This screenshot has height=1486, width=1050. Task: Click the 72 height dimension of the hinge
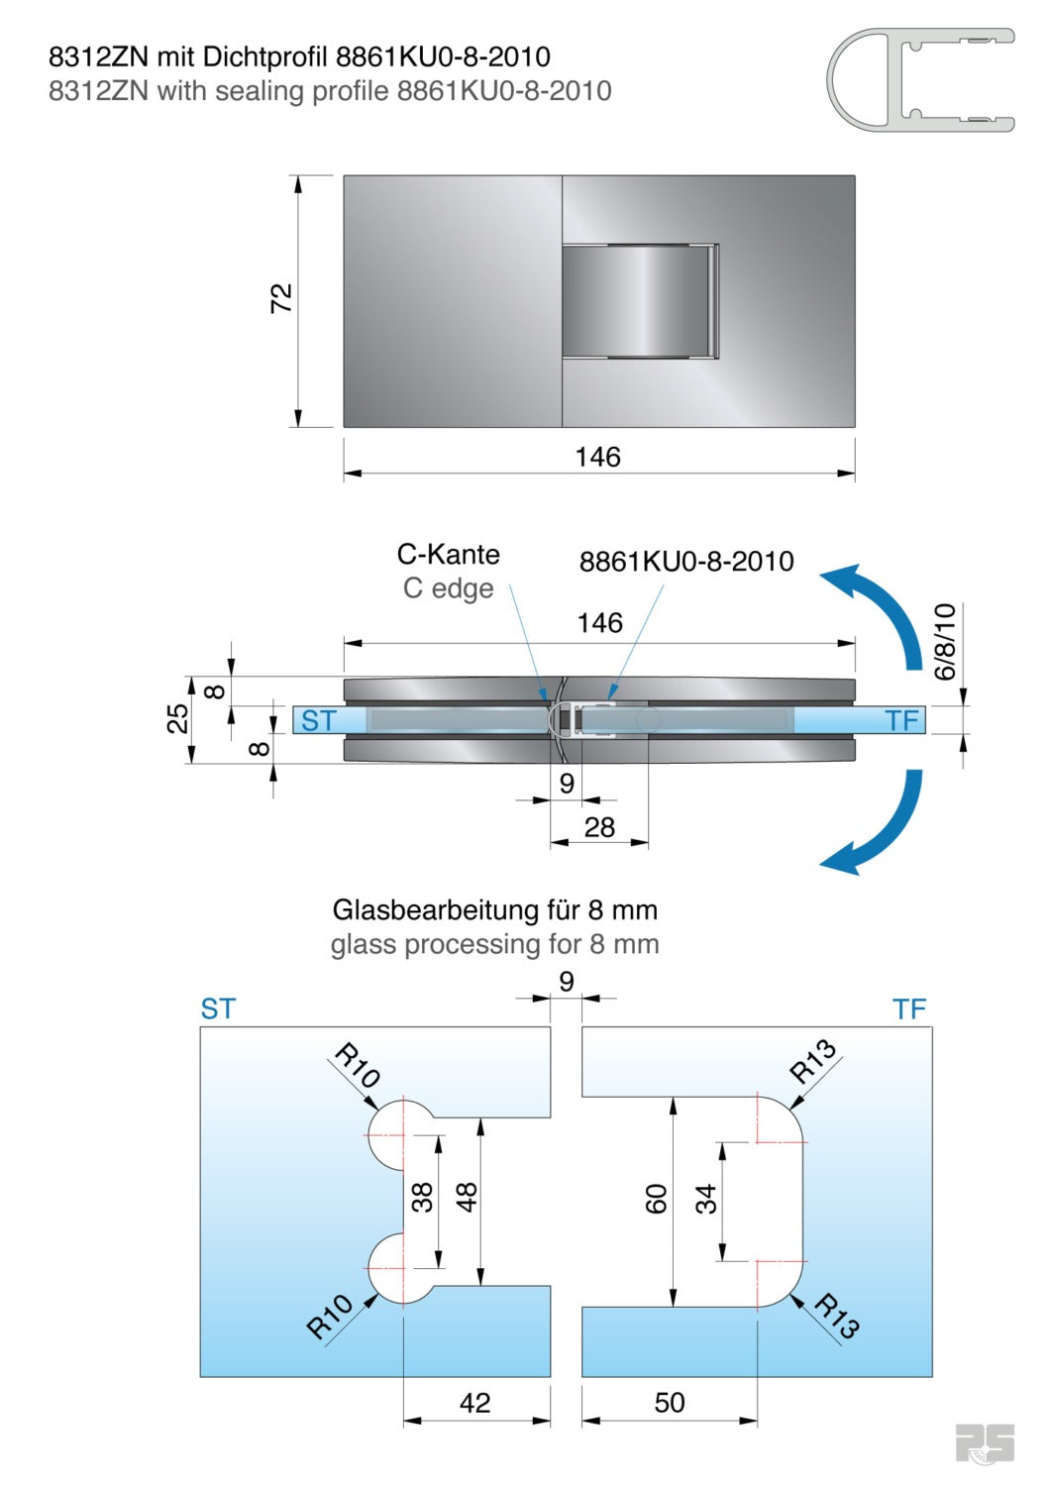pyautogui.click(x=282, y=298)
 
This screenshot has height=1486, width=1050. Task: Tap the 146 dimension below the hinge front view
pyautogui.click(x=598, y=457)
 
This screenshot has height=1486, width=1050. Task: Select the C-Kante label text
pyautogui.click(x=449, y=555)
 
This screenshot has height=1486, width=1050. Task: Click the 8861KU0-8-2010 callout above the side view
pyautogui.click(x=686, y=562)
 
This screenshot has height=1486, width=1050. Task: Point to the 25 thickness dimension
pyautogui.click(x=177, y=718)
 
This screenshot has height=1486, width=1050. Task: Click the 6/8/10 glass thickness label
pyautogui.click(x=946, y=641)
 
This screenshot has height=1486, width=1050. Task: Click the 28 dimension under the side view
pyautogui.click(x=599, y=827)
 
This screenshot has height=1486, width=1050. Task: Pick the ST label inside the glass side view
pyautogui.click(x=319, y=721)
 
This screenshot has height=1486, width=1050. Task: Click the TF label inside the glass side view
pyautogui.click(x=902, y=720)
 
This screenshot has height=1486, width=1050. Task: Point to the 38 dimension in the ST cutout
pyautogui.click(x=423, y=1198)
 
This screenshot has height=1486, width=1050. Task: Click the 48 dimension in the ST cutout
pyautogui.click(x=467, y=1198)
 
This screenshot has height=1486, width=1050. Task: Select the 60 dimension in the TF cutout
pyautogui.click(x=656, y=1200)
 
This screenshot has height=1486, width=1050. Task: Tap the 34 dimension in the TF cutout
pyautogui.click(x=705, y=1200)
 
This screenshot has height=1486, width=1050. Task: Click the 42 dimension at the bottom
pyautogui.click(x=474, y=1403)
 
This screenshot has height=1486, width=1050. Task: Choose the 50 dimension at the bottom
pyautogui.click(x=670, y=1403)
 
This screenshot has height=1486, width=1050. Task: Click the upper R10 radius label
pyautogui.click(x=358, y=1065)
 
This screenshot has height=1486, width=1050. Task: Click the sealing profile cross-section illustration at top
pyautogui.click(x=920, y=79)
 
